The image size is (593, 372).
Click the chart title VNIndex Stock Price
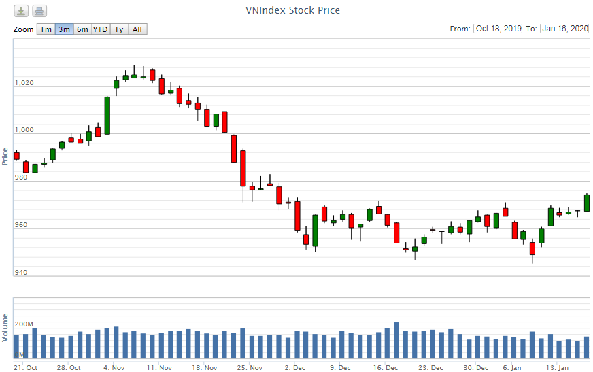(x=292, y=10)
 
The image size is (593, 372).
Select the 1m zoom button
(x=45, y=29)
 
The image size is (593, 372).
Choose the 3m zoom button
(x=64, y=29)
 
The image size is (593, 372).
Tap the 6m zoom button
(x=82, y=29)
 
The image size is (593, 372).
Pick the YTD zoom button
(x=100, y=29)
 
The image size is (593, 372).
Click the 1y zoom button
(x=119, y=29)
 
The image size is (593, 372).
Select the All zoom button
(x=137, y=29)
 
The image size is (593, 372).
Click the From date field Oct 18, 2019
(x=498, y=29)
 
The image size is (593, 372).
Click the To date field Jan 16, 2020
(x=564, y=29)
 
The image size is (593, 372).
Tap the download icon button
(x=22, y=11)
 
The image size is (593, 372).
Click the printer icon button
(x=39, y=11)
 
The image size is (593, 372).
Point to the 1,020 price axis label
(x=24, y=83)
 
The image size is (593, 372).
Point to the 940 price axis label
(x=22, y=273)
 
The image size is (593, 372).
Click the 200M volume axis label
(x=24, y=324)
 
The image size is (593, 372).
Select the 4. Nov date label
(x=114, y=367)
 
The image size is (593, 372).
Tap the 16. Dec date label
(x=386, y=367)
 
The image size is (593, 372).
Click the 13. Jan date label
(x=558, y=367)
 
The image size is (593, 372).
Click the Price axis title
(x=5, y=156)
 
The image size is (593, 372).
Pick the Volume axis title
(x=5, y=327)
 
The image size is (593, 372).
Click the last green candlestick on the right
(x=587, y=203)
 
